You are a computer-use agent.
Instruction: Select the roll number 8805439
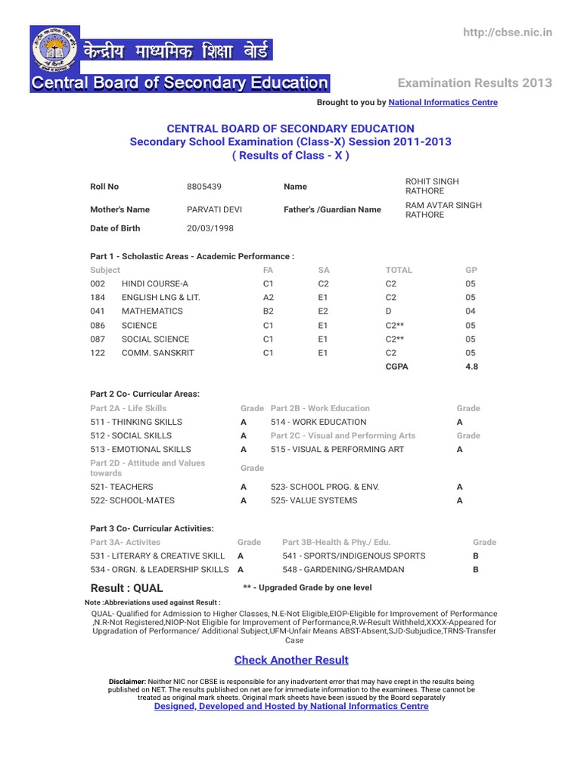tap(204, 187)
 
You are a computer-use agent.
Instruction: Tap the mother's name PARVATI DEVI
tap(214, 209)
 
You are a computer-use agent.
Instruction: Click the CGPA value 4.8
tap(471, 367)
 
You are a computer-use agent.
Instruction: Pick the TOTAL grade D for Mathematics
tap(389, 311)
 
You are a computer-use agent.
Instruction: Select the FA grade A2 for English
tap(269, 298)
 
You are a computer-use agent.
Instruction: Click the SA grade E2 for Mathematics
tap(323, 311)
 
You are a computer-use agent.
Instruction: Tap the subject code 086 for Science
tap(98, 326)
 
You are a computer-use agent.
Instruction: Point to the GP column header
tap(471, 270)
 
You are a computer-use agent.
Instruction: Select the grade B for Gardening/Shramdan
tap(476, 570)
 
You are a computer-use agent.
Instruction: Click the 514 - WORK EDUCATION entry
tap(318, 422)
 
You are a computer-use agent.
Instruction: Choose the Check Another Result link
tap(291, 660)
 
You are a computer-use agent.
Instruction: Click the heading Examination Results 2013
tap(475, 83)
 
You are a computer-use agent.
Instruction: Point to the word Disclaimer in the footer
tap(128, 681)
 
